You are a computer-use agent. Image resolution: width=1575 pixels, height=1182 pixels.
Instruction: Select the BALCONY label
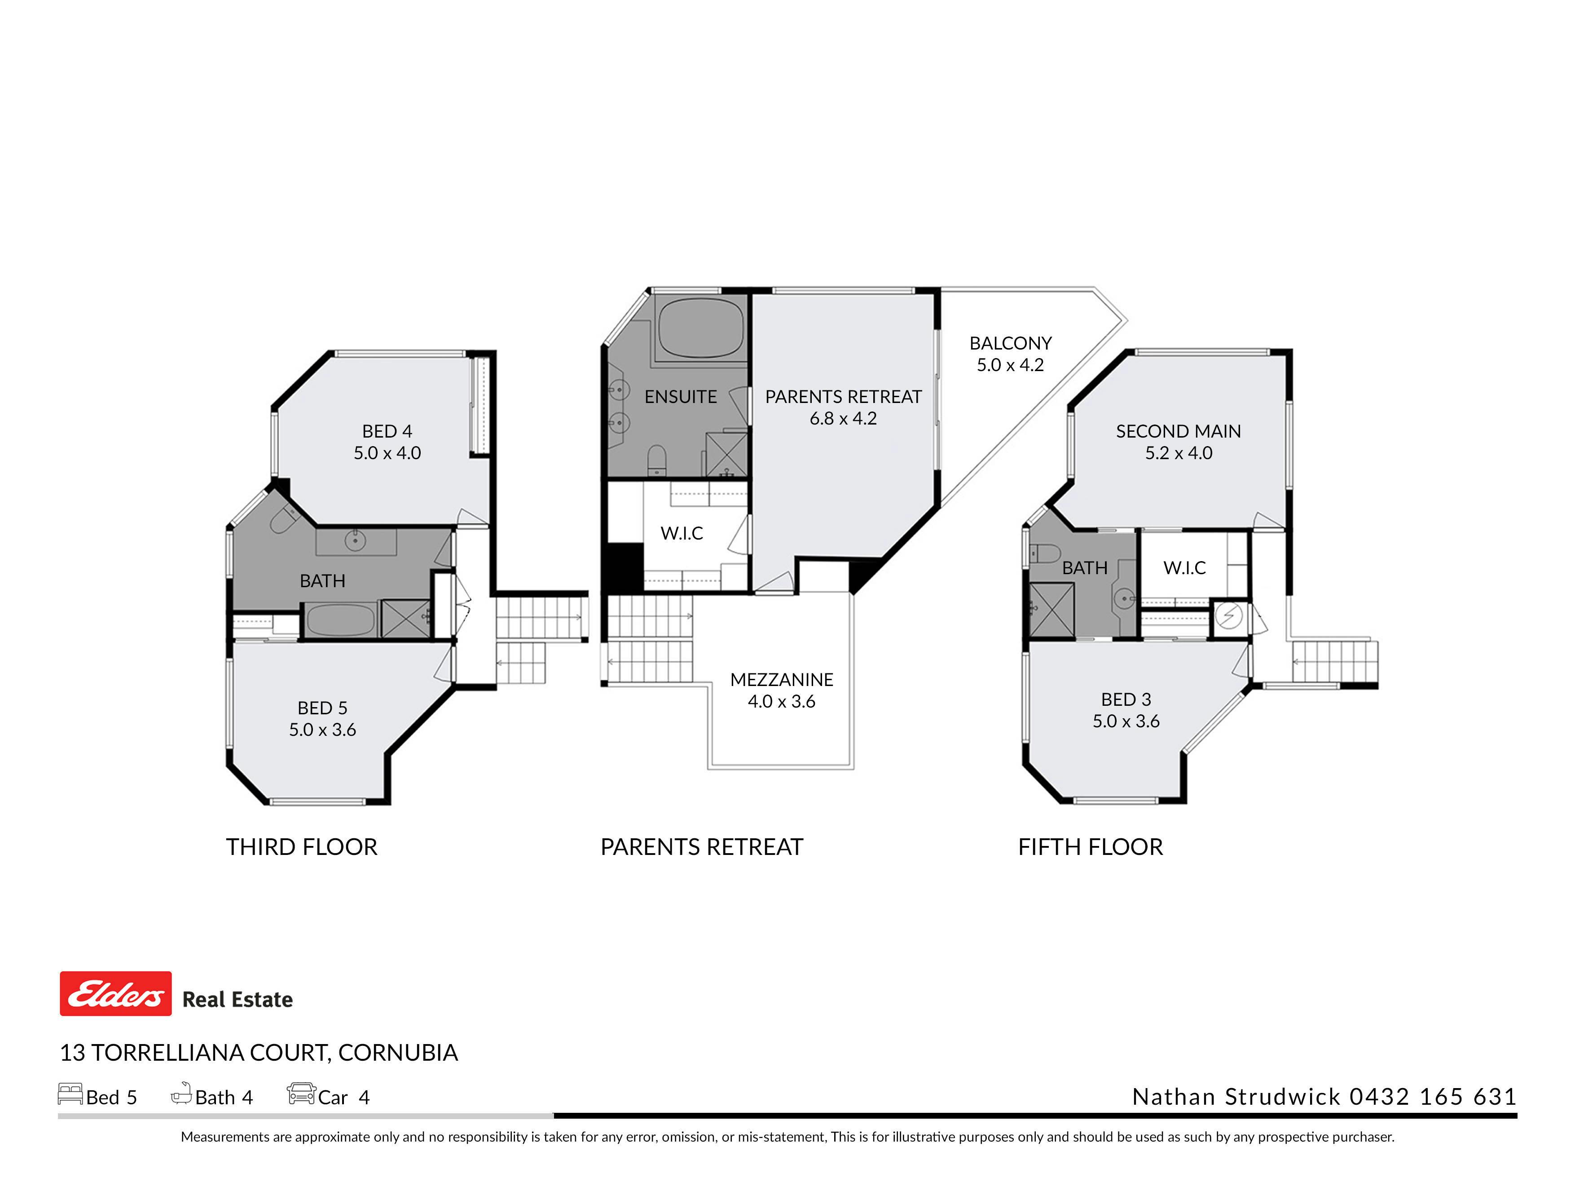(x=1010, y=343)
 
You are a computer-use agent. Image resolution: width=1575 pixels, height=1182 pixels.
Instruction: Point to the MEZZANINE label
(x=782, y=680)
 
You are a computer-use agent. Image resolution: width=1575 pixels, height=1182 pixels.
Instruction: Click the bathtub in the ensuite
(x=701, y=328)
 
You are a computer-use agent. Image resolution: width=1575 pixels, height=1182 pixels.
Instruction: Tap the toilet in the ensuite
(x=656, y=460)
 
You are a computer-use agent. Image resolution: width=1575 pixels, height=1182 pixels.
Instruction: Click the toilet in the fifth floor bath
(x=1045, y=553)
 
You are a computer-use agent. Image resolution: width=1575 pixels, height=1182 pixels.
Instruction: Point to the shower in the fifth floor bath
(x=1051, y=610)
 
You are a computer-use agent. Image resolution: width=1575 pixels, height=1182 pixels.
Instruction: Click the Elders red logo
(x=115, y=993)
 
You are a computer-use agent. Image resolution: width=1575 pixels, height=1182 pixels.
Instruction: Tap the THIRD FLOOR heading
(x=302, y=847)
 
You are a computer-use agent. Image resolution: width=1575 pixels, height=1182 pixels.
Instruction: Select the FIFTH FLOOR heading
(x=1091, y=847)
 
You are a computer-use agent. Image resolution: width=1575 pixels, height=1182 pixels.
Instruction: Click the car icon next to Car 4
(x=301, y=1093)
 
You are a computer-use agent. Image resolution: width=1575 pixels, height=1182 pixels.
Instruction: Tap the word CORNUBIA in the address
(x=398, y=1052)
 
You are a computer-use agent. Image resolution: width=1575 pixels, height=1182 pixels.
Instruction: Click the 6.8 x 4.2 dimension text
(x=843, y=418)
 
